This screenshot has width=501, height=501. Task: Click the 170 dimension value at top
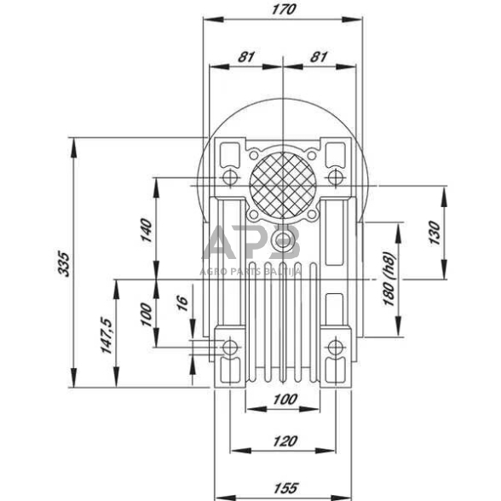click(x=284, y=9)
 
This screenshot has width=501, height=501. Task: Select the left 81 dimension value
click(x=246, y=57)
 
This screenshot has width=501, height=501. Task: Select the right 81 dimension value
click(x=319, y=57)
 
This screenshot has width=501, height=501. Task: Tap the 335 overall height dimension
click(x=63, y=264)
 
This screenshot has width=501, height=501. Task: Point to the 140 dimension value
click(x=146, y=230)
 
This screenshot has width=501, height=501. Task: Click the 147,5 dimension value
click(x=107, y=335)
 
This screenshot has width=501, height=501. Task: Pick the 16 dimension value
click(x=182, y=303)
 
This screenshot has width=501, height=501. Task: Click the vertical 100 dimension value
click(x=146, y=314)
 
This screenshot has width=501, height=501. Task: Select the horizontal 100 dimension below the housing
click(x=285, y=399)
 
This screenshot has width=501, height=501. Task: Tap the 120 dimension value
click(x=285, y=441)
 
